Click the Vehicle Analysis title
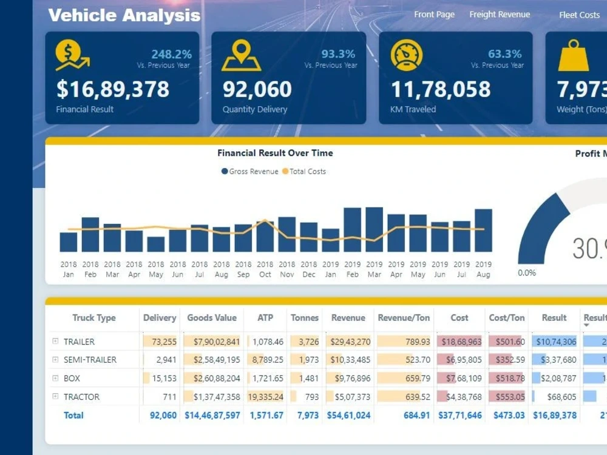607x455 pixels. pyautogui.click(x=124, y=15)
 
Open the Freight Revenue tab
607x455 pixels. pyautogui.click(x=500, y=15)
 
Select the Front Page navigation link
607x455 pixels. pyautogui.click(x=434, y=15)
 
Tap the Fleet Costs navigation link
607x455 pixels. pyautogui.click(x=579, y=15)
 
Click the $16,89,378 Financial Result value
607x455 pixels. pyautogui.click(x=113, y=90)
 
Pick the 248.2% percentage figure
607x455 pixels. pyautogui.click(x=171, y=55)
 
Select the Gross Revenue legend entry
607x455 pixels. pyautogui.click(x=249, y=172)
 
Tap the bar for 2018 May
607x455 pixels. pyautogui.click(x=156, y=244)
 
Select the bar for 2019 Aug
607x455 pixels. pyautogui.click(x=483, y=231)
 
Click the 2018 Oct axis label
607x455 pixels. pyautogui.click(x=265, y=269)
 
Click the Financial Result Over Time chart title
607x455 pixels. pyautogui.click(x=275, y=153)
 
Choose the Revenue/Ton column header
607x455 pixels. pyautogui.click(x=404, y=318)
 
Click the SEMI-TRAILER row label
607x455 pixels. pyautogui.click(x=90, y=360)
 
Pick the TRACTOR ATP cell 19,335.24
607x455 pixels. pyautogui.click(x=266, y=397)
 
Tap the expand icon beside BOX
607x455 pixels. pyautogui.click(x=55, y=379)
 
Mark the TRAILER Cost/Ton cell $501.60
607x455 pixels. pyautogui.click(x=507, y=342)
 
